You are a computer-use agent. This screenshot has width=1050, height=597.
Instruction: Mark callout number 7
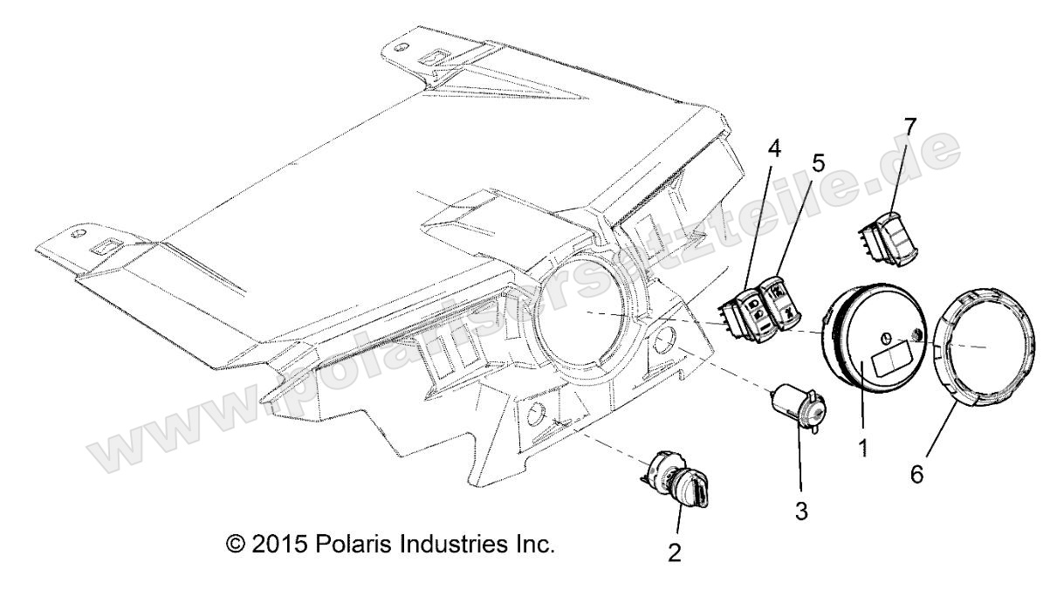pos(910,127)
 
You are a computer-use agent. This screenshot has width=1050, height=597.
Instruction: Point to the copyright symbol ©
pos(234,545)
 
